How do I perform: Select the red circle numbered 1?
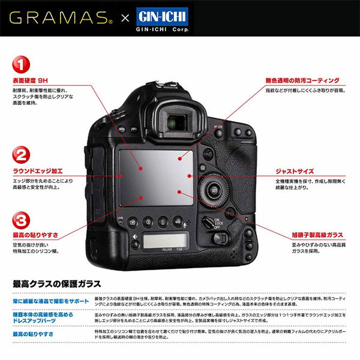22,64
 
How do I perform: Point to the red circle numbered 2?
22,156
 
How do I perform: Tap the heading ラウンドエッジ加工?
38,171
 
